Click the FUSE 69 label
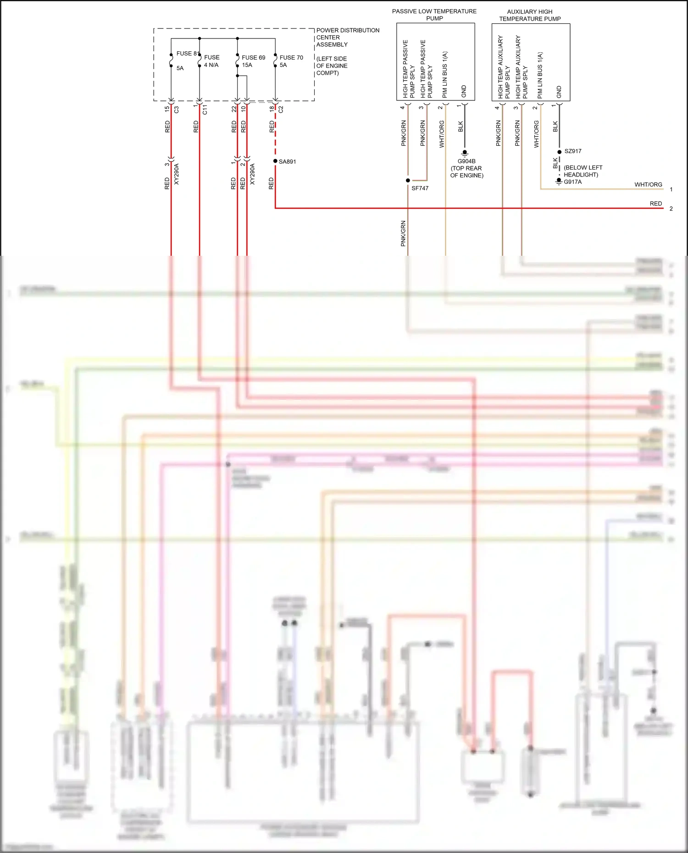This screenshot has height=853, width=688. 253,58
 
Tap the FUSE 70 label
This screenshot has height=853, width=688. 291,58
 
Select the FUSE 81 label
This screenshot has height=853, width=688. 187,54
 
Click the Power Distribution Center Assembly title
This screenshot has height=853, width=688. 347,38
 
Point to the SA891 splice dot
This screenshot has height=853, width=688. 275,161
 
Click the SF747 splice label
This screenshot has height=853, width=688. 420,188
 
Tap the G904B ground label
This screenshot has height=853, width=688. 466,161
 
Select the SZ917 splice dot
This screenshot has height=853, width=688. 560,152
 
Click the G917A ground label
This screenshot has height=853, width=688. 572,182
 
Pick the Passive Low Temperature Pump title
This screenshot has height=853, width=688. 434,15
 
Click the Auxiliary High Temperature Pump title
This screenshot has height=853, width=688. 530,15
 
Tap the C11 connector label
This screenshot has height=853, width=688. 205,110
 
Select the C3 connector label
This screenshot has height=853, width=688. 177,110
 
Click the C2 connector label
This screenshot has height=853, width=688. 281,109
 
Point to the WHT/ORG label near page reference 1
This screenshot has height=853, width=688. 648,185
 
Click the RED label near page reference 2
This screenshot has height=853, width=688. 655,204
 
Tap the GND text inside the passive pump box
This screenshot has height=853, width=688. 464,91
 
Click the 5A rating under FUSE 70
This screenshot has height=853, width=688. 283,65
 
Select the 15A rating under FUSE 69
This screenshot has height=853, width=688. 247,65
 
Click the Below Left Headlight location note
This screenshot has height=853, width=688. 583,171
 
